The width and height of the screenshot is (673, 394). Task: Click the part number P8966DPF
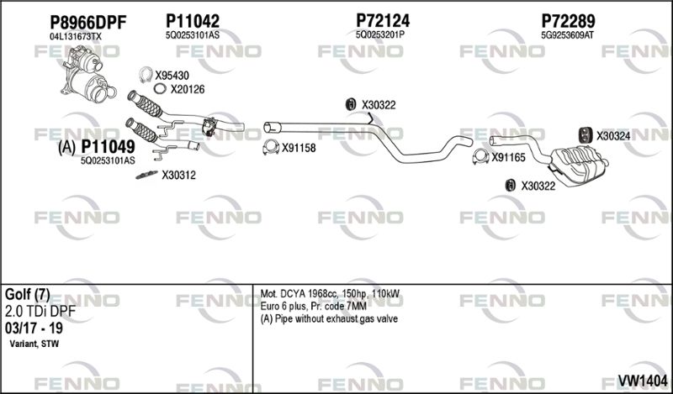pyautogui.click(x=88, y=23)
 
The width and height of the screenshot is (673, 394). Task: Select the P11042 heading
pyautogui.click(x=193, y=20)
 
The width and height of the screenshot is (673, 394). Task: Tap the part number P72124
pyautogui.click(x=383, y=20)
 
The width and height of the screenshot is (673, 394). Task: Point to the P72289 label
pyautogui.click(x=568, y=20)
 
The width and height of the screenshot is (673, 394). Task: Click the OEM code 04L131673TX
pyautogui.click(x=76, y=37)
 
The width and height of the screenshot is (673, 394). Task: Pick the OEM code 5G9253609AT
pyautogui.click(x=567, y=35)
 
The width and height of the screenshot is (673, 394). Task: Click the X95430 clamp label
pyautogui.click(x=172, y=76)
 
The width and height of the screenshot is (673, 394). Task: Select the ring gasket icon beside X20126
pyautogui.click(x=160, y=89)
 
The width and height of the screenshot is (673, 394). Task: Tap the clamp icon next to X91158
pyautogui.click(x=270, y=148)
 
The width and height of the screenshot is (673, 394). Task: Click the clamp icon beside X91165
pyautogui.click(x=480, y=157)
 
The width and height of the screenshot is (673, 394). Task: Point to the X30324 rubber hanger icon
pyautogui.click(x=585, y=135)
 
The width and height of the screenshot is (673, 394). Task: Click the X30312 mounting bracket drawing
pyautogui.click(x=146, y=175)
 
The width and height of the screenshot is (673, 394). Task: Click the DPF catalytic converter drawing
pyautogui.click(x=87, y=74)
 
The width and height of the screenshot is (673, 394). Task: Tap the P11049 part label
pyautogui.click(x=108, y=147)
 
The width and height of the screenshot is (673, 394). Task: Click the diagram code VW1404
pyautogui.click(x=642, y=381)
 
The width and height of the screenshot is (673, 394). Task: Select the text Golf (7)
pyautogui.click(x=28, y=295)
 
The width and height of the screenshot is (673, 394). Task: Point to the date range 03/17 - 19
pyautogui.click(x=34, y=328)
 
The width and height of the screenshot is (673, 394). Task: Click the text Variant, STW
pyautogui.click(x=34, y=344)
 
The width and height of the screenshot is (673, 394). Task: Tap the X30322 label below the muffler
pyautogui.click(x=538, y=186)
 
